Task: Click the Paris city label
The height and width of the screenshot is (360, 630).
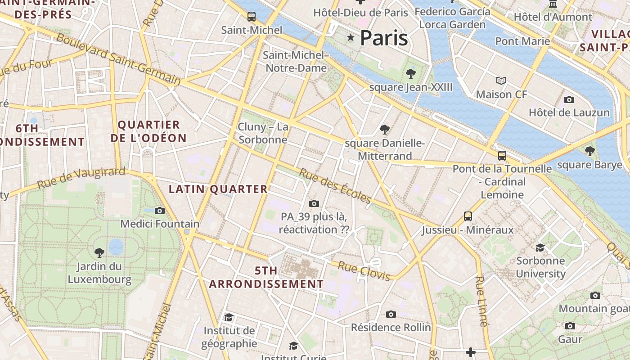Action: click(384, 38)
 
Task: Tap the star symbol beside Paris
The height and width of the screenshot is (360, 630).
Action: click(351, 37)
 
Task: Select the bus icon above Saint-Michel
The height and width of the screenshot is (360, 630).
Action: click(252, 17)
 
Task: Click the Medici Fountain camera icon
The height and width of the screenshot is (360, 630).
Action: click(159, 211)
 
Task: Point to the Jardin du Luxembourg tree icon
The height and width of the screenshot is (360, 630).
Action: click(99, 252)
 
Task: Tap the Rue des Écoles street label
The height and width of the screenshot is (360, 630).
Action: click(336, 186)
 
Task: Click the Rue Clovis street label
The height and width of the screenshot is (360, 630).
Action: click(364, 271)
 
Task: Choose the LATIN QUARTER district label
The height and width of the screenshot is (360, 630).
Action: click(218, 189)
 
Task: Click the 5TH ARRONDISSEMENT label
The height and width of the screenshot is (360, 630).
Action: click(266, 278)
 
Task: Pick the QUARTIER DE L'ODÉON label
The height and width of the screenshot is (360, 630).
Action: click(148, 131)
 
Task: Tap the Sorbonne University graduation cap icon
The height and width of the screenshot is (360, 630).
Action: click(540, 247)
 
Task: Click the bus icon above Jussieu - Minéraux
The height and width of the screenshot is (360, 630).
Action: click(468, 216)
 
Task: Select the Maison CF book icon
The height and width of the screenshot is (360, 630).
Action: click(501, 81)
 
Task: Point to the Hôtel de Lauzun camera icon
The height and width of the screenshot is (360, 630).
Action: click(569, 99)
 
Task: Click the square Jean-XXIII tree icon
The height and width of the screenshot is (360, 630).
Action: click(410, 74)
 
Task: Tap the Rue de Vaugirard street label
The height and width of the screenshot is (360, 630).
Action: click(81, 178)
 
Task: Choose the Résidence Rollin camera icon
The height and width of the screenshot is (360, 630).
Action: click(391, 314)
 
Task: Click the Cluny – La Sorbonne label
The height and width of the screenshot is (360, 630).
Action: click(263, 133)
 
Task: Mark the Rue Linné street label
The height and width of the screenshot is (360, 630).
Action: click(481, 301)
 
